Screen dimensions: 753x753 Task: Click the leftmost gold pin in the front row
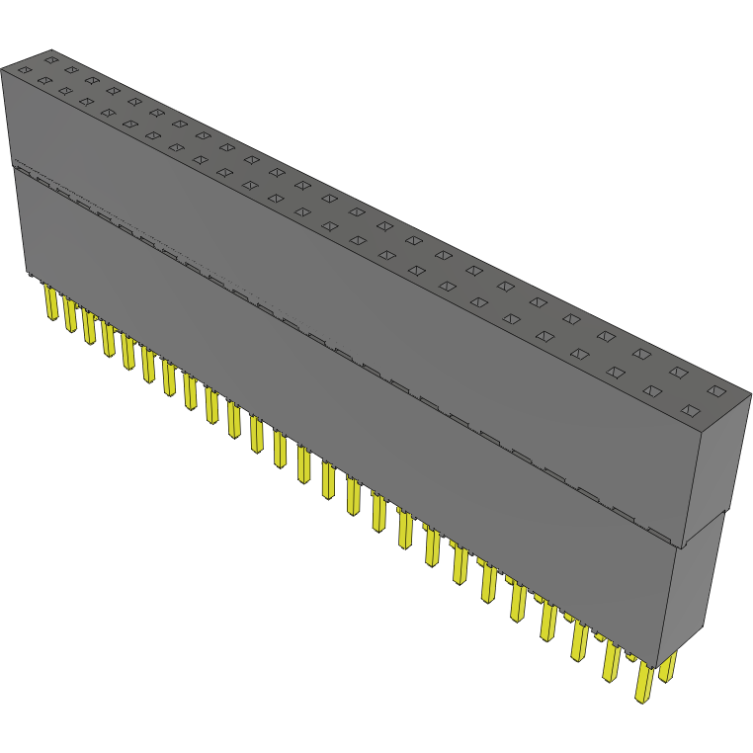click(49, 303)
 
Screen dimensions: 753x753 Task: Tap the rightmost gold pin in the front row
click(643, 682)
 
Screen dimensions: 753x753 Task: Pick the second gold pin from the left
click(69, 316)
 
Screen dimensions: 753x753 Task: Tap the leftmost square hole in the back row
click(50, 59)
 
